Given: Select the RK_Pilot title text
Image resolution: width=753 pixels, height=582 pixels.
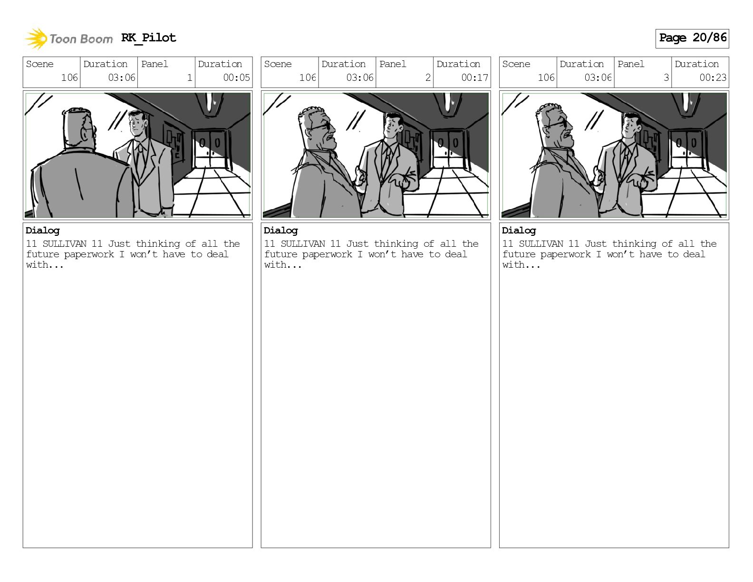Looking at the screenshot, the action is (149, 38).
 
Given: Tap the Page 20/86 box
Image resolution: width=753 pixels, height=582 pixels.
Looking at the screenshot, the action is (692, 39).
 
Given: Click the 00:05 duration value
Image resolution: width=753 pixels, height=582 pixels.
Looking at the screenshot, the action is (236, 78).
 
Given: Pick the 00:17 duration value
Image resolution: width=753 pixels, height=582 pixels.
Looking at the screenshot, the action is (474, 78).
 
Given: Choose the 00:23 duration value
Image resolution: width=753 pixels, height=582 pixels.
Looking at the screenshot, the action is (713, 78).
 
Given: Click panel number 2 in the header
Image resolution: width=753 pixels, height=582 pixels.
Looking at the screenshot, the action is (428, 78).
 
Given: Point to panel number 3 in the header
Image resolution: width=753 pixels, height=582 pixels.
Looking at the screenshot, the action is (666, 78).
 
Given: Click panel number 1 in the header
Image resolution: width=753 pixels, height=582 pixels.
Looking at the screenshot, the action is (190, 78).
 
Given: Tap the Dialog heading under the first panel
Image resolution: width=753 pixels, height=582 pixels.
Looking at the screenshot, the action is (43, 231).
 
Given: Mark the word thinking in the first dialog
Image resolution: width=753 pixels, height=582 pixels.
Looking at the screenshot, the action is (158, 244).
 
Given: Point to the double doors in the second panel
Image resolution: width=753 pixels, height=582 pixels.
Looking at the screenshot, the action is (448, 149).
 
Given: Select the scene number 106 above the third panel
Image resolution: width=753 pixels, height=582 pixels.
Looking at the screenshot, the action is (546, 78).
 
